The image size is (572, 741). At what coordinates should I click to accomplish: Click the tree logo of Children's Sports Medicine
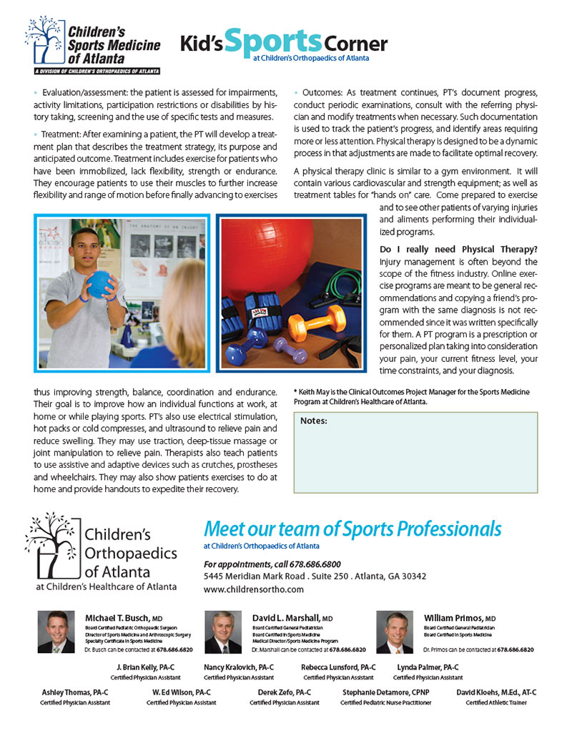tap(44, 41)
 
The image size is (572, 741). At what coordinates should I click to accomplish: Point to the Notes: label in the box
tap(314, 421)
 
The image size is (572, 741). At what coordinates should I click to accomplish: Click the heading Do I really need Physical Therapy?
tap(458, 249)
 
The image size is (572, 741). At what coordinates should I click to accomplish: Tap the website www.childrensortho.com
tap(253, 589)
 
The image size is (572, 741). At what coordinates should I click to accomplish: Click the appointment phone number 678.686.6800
tap(318, 564)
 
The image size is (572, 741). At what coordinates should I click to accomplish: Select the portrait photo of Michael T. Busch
tap(56, 632)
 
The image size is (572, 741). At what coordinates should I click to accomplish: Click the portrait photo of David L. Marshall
tap(223, 632)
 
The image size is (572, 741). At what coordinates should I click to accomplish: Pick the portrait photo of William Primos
tap(395, 632)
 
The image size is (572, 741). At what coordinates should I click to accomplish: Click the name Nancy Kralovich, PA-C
tap(239, 667)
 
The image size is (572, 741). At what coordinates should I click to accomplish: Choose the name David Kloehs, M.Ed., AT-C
tap(496, 692)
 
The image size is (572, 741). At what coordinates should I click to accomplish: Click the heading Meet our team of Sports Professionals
tap(352, 529)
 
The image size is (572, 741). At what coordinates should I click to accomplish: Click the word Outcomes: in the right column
tap(324, 94)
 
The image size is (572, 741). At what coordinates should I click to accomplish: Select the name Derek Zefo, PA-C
tap(284, 692)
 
